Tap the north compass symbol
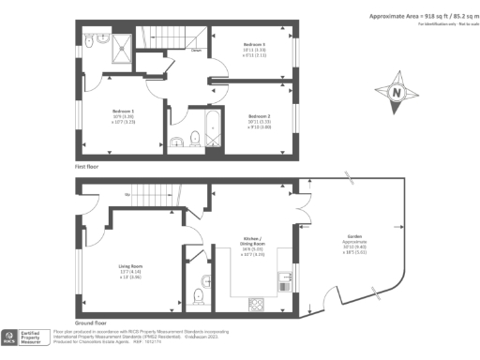(397, 93)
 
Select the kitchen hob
(256, 303)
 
